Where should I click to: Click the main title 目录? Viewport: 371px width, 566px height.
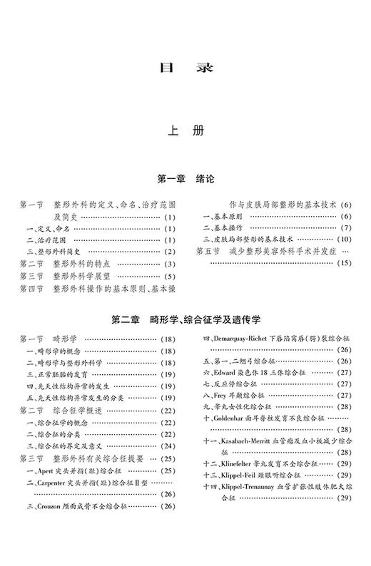[185, 69]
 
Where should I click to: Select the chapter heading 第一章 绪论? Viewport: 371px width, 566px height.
[185, 177]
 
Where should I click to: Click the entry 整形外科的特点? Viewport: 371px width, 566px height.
[88, 264]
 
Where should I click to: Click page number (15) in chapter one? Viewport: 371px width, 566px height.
[343, 263]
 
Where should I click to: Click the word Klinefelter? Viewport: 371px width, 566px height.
[242, 465]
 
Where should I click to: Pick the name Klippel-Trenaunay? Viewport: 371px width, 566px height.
[250, 488]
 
